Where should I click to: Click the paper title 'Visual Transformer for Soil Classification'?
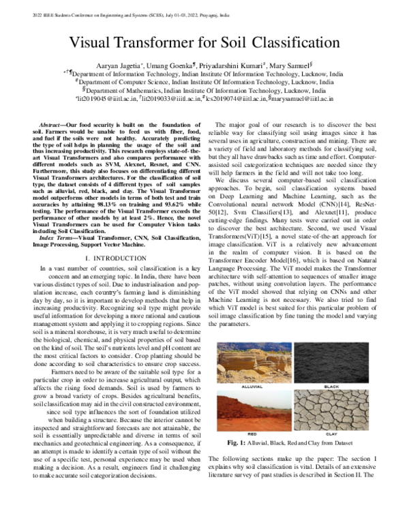(x=204, y=42)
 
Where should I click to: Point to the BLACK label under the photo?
(x=331, y=386)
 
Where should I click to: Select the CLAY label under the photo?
(x=331, y=432)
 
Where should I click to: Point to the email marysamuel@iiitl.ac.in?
(x=301, y=99)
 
